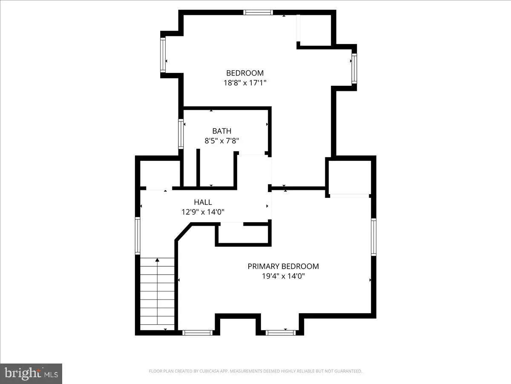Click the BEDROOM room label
pos(245,73)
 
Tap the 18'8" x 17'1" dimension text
pos(245,83)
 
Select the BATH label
pos(221,131)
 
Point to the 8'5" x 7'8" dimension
pos(221,141)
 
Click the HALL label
pos(203,202)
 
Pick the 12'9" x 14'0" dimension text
pos(203,212)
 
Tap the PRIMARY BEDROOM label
pos(283,266)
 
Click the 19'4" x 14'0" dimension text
pos(283,276)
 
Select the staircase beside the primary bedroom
pos(158,294)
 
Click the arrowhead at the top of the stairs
pos(158,260)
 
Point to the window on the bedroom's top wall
pos(258,12)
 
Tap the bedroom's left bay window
pos(163,55)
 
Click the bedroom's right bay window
pos(354,68)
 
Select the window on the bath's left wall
pos(181,134)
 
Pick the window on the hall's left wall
pos(138,236)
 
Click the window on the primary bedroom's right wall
pos(373,237)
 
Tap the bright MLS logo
pos(31,374)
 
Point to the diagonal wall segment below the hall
pos(183,232)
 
